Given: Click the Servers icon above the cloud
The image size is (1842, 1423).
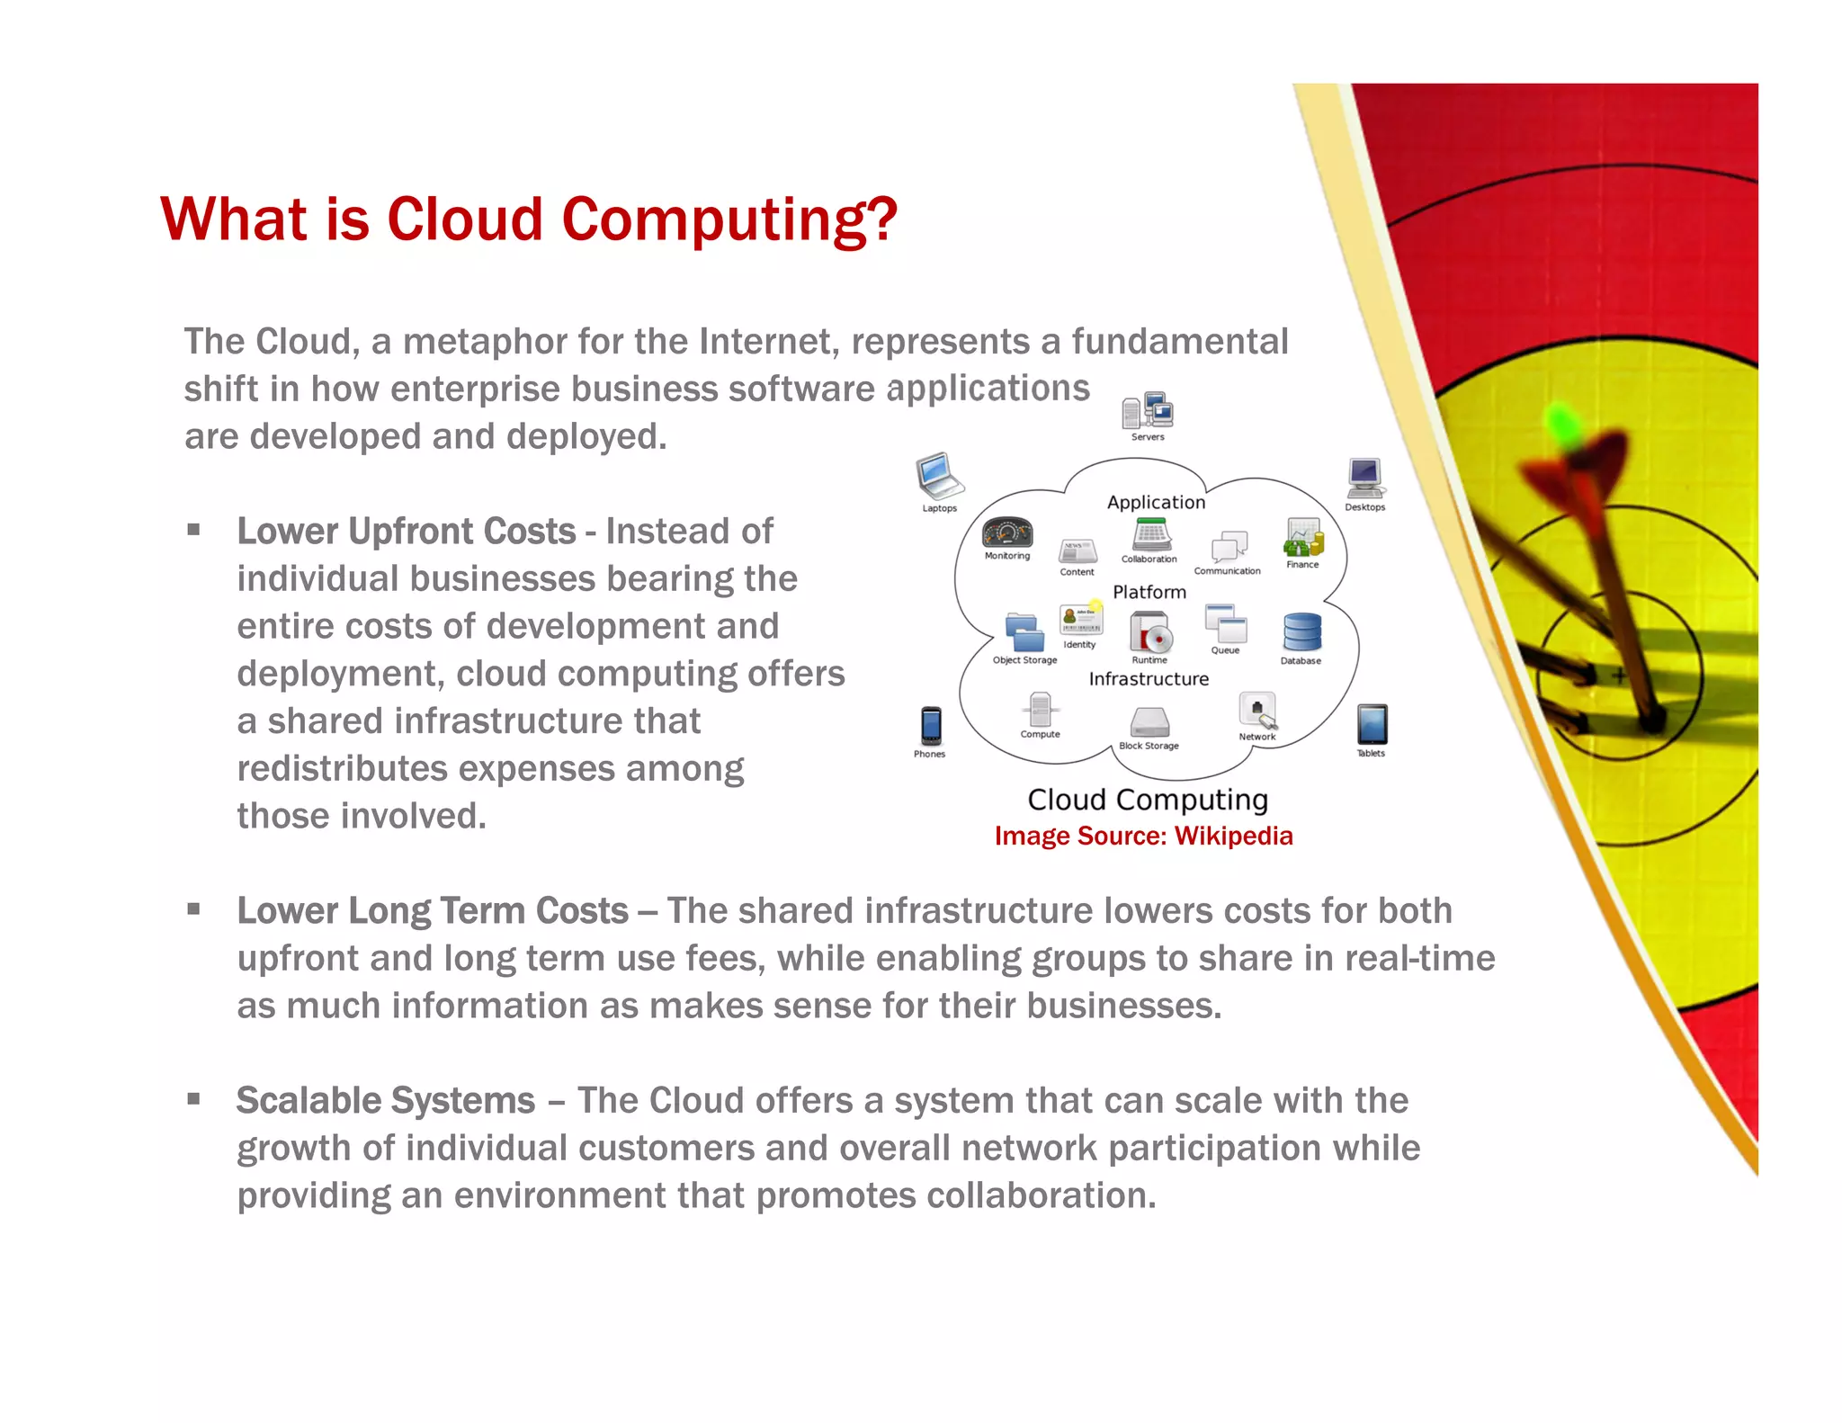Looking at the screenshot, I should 1148,411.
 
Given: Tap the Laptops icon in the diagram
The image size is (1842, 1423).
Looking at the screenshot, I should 939,476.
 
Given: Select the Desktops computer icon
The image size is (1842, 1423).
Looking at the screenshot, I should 1364,477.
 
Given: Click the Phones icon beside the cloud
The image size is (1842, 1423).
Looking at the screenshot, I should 931,726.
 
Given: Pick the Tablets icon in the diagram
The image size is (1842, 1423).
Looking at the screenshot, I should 1372,724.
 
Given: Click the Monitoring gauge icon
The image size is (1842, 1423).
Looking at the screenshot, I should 1006,533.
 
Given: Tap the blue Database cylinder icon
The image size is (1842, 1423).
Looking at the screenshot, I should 1301,632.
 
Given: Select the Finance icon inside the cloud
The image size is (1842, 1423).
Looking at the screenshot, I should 1302,538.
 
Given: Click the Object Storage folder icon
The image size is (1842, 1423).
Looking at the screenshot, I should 1024,632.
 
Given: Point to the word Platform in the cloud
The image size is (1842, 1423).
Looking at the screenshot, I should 1149,592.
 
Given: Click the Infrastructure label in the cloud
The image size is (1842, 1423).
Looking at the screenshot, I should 1149,679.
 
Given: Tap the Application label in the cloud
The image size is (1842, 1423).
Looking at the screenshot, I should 1156,503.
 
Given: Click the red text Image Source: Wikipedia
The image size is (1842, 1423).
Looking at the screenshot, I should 1143,836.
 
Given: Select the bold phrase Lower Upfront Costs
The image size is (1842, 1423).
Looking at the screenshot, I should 406,532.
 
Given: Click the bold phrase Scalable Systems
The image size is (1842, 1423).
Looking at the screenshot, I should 385,1101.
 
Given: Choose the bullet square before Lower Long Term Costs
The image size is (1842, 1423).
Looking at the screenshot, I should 193,909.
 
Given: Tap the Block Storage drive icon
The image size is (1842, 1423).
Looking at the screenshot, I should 1149,722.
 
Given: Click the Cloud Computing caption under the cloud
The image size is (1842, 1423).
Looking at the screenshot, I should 1148,800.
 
